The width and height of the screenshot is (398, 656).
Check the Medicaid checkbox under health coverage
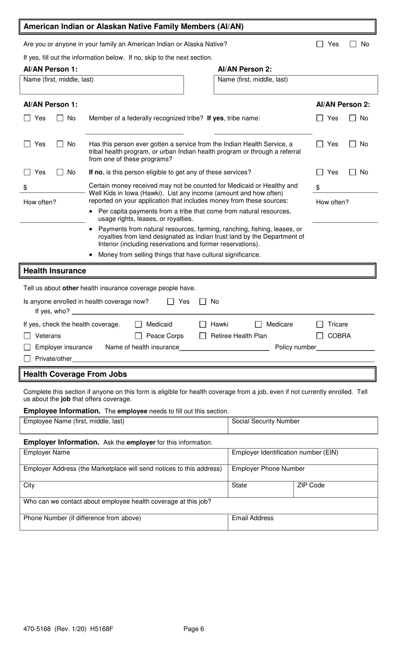click(138, 324)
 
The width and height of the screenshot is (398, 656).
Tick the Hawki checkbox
click(203, 324)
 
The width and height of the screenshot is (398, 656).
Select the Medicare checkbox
click(258, 324)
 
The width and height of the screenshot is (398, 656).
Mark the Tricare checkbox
click(320, 324)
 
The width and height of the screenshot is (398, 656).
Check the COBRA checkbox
click(320, 336)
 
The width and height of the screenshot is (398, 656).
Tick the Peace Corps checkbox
click(138, 336)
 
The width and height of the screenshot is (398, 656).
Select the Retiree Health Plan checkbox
click(203, 336)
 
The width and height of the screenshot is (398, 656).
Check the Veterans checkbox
click(27, 336)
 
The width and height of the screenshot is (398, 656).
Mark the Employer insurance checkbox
click(27, 347)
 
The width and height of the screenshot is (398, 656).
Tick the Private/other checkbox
click(27, 358)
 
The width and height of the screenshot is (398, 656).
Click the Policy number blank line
click(345, 347)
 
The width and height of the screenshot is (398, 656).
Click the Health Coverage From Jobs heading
click(75, 374)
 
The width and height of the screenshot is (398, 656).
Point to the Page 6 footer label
click(194, 629)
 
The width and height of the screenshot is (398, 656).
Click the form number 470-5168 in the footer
click(37, 629)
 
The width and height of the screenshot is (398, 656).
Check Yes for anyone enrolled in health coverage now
click(171, 302)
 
